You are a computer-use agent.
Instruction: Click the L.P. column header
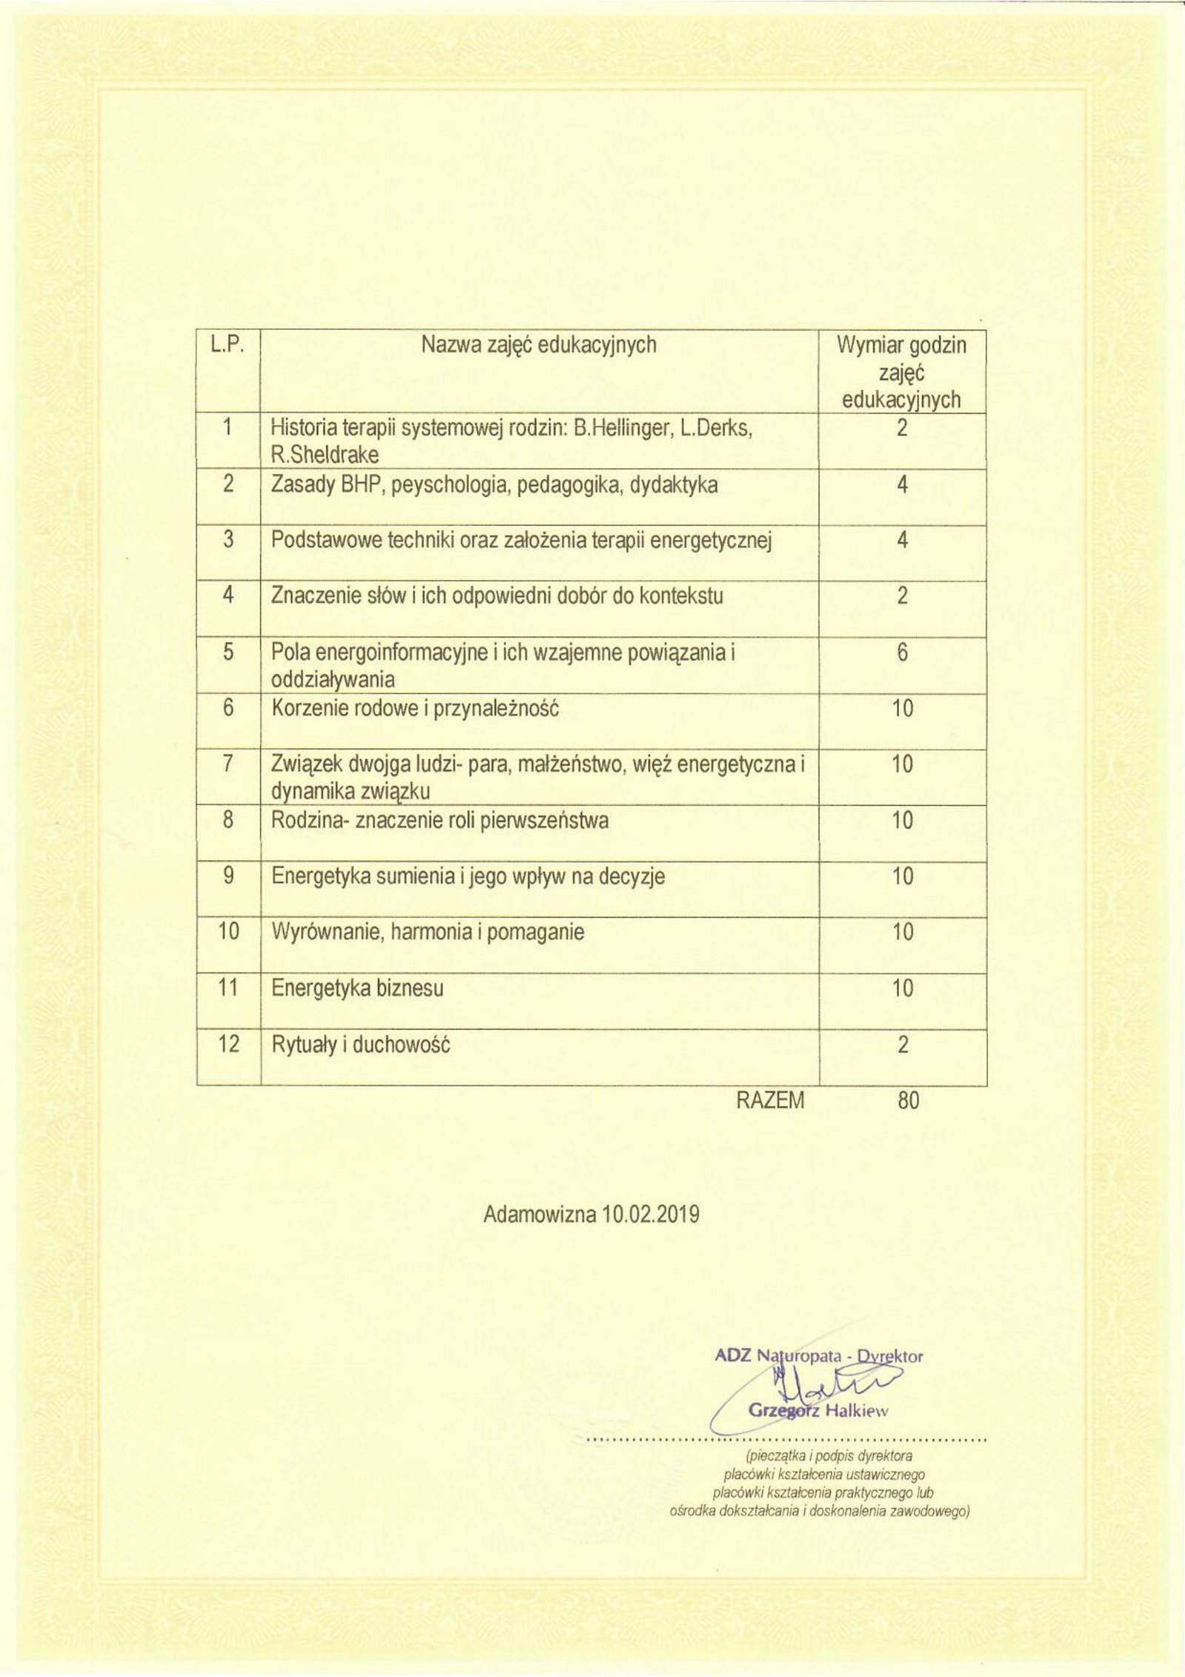coord(227,345)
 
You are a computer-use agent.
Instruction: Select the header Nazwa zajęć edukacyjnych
coord(538,345)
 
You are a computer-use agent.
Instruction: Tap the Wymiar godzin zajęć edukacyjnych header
coord(901,372)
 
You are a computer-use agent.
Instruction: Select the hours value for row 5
coord(902,653)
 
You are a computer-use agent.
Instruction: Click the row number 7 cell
coord(228,764)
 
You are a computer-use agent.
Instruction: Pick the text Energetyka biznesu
coord(358,988)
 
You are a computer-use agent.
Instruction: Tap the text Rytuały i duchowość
coord(361,1044)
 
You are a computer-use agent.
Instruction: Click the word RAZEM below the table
coord(770,1101)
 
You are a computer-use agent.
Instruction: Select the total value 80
coord(908,1101)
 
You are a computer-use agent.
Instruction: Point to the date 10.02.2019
coord(651,1216)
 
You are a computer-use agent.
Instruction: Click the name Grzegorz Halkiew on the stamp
coord(818,1411)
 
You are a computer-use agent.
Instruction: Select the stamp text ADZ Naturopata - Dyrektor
coord(819,1357)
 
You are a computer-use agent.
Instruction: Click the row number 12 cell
coord(228,1044)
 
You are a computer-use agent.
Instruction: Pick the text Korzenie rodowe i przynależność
coord(415,709)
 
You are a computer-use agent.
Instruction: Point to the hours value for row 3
coord(902,541)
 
